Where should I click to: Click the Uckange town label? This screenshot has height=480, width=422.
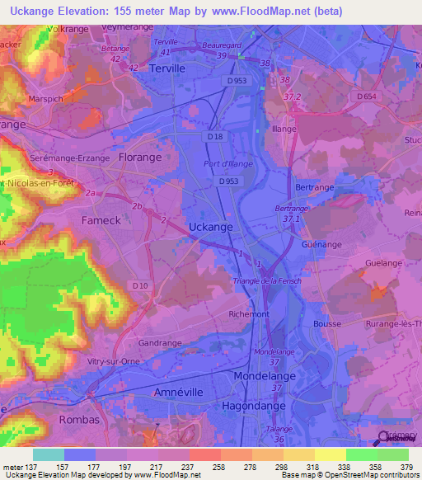210,226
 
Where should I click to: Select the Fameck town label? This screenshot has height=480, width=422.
101,220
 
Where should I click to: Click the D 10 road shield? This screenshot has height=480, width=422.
139,285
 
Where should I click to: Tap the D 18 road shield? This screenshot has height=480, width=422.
215,136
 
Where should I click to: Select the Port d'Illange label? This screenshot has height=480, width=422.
232,163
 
